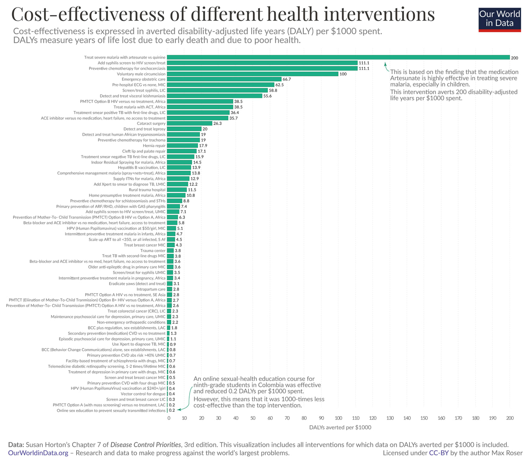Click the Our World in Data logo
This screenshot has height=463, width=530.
pyautogui.click(x=499, y=20)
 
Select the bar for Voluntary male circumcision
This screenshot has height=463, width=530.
pyautogui.click(x=252, y=74)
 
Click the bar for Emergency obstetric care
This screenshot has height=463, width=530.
pyautogui.click(x=224, y=79)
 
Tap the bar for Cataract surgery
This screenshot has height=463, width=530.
pyautogui.click(x=190, y=123)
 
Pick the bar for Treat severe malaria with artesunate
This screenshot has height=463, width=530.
pyautogui.click(x=338, y=57)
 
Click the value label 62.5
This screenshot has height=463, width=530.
pyautogui.click(x=280, y=85)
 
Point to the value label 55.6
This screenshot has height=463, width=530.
pyautogui.click(x=268, y=96)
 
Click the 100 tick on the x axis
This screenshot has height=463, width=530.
pyautogui.click(x=338, y=418)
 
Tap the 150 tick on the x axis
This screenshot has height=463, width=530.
pyautogui.click(x=424, y=418)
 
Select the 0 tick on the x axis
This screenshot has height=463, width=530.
pyautogui.click(x=169, y=418)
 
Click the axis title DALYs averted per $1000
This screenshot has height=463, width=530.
pyautogui.click(x=340, y=427)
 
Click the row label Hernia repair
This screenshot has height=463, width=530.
pyautogui.click(x=154, y=146)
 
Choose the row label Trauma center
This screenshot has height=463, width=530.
pyautogui.click(x=153, y=250)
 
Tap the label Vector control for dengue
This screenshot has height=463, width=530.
pyautogui.click(x=143, y=394)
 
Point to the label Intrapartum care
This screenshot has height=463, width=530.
pyautogui.click(x=151, y=289)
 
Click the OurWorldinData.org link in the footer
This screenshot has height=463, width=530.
pyautogui.click(x=38, y=453)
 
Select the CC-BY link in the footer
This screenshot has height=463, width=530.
pyautogui.click(x=439, y=453)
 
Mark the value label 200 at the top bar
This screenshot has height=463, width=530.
pyautogui.click(x=514, y=58)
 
